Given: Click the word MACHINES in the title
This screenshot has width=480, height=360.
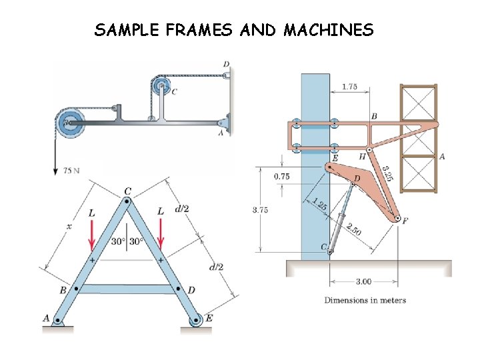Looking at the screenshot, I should (329, 30).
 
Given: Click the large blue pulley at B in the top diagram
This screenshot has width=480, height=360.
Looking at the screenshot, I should (71, 123).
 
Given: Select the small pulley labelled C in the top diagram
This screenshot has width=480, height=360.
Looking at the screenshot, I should (161, 85).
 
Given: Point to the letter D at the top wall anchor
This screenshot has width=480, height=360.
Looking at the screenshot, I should (226, 65).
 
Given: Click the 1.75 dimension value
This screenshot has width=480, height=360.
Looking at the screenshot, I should (350, 87).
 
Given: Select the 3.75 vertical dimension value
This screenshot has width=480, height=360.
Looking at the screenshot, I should (261, 210).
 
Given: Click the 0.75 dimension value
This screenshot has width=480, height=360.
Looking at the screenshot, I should (281, 177).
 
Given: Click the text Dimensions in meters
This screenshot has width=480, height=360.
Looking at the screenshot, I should (365, 300).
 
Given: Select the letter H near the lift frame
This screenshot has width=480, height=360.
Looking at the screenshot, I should (363, 156).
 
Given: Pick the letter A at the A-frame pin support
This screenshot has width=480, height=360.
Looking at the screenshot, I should (47, 318).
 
